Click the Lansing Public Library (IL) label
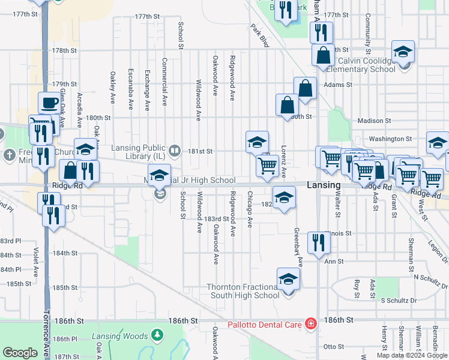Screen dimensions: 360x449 (139, 148)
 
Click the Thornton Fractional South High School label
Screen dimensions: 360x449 (243, 291)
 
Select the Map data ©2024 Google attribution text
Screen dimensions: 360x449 (411, 355)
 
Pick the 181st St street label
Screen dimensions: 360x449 (202, 152)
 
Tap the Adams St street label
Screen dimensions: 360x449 (337, 85)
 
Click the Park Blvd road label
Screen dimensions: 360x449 (260, 35)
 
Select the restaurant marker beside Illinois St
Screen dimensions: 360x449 (318, 242)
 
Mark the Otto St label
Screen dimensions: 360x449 (333, 346)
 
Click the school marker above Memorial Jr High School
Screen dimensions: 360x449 (159, 175)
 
